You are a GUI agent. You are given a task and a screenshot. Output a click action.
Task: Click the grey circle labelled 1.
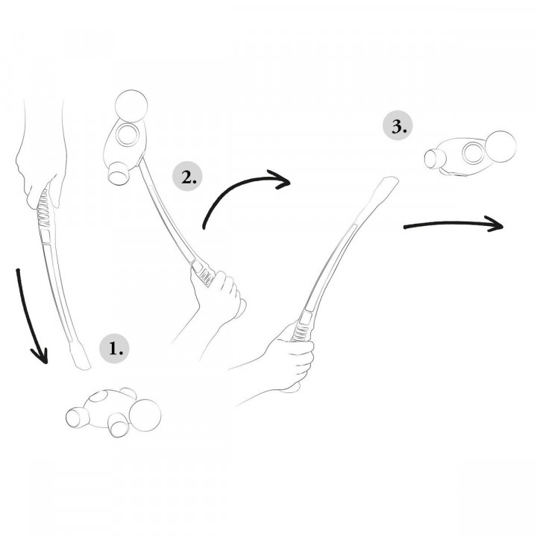114,348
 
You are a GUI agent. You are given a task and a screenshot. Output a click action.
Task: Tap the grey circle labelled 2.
187,177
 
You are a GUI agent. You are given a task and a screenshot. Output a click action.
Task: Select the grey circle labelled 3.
398,126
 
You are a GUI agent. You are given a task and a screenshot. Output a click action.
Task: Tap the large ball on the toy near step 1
145,415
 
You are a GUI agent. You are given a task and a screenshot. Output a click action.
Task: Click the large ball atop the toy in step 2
131,106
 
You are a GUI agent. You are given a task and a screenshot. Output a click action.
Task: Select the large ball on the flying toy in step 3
500,147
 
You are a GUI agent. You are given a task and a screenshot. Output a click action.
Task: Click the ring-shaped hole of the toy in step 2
128,135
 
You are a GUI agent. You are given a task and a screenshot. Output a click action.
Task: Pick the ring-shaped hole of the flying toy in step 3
474,153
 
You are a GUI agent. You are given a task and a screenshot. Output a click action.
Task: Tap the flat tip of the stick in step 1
81,357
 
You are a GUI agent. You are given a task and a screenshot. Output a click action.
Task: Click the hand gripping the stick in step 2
219,295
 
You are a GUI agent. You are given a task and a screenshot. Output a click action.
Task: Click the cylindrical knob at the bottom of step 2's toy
119,173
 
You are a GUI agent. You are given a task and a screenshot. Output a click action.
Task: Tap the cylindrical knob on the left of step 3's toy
435,159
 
